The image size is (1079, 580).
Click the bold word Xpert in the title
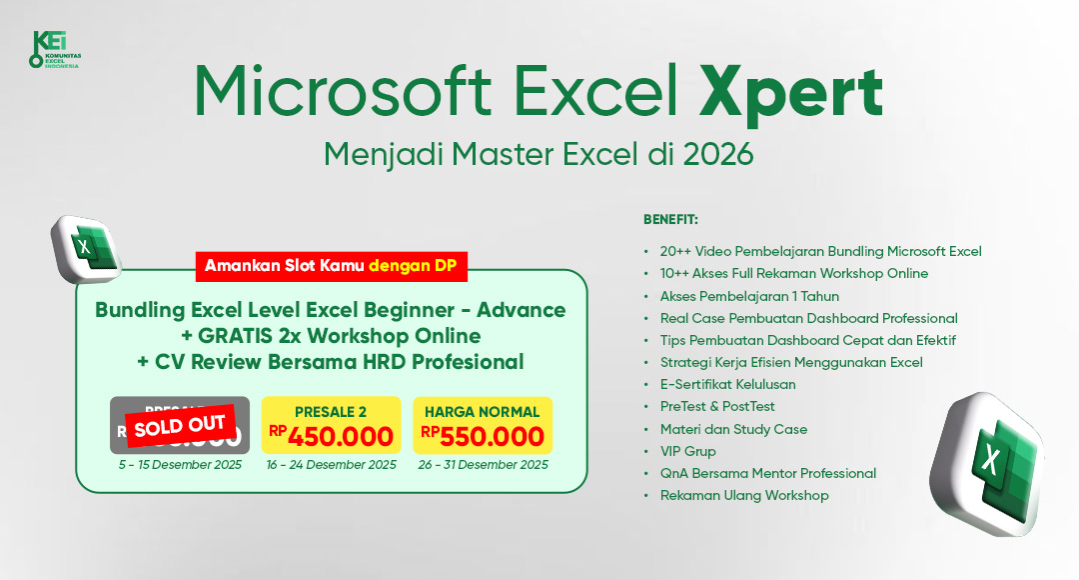tap(790, 93)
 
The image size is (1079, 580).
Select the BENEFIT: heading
tap(670, 219)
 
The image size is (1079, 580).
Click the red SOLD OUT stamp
tap(179, 426)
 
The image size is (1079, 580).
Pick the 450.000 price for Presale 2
tap(341, 436)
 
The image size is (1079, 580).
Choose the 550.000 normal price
tap(492, 436)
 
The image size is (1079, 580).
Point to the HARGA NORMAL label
tap(483, 412)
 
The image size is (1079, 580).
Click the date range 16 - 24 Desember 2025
tap(331, 465)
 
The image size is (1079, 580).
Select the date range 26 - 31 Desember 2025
tap(483, 465)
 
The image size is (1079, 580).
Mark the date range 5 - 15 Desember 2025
tap(179, 465)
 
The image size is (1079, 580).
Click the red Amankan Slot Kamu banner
tap(330, 266)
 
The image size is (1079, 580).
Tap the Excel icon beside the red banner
tap(87, 246)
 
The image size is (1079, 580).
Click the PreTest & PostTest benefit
tap(717, 407)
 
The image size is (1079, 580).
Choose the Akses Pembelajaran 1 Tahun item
tap(749, 296)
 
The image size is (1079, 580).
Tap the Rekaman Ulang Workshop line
tap(744, 495)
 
